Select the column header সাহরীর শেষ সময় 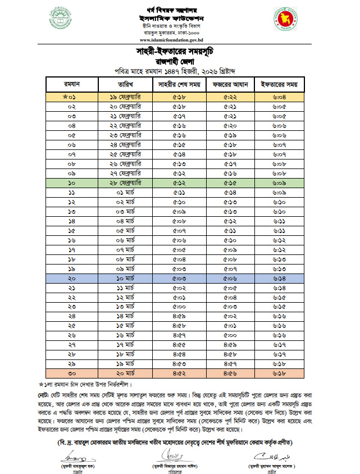(x=179, y=85)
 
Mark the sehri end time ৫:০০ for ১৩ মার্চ (x=179, y=307)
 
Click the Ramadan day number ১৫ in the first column (x=71, y=231)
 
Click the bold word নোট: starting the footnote (x=45, y=394)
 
